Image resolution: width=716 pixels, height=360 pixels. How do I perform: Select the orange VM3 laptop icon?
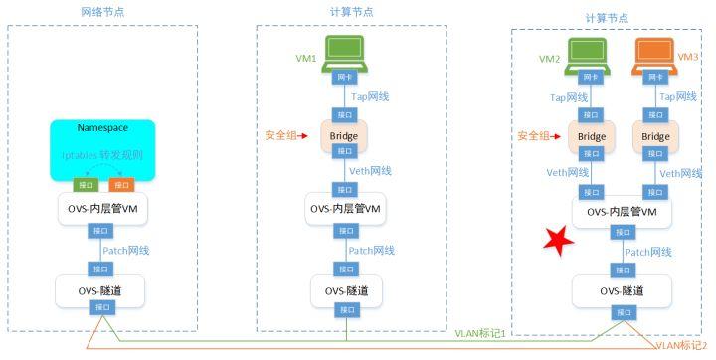coord(653,54)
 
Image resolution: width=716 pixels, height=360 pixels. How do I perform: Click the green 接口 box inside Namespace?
coord(85,185)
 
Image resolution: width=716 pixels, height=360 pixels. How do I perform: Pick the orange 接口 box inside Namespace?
coord(120,185)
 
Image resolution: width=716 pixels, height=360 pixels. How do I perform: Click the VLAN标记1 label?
coord(482,332)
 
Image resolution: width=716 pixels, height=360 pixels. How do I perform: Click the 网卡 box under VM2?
coord(591,77)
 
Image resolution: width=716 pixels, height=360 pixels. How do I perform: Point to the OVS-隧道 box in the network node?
coord(103,289)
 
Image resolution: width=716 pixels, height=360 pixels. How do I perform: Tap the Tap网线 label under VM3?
coord(681,97)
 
